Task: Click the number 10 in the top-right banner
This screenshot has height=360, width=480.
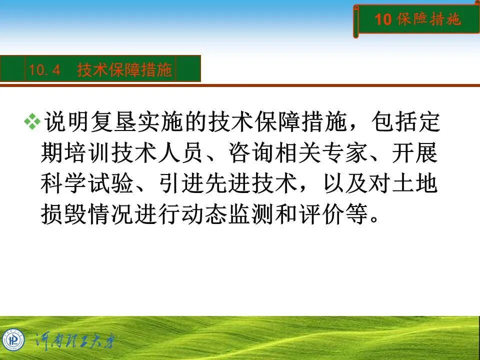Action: pos(382,19)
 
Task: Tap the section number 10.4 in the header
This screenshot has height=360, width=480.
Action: pos(44,70)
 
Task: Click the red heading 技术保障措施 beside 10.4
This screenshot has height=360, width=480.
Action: pos(124,70)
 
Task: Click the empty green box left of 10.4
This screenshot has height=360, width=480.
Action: pos(12,68)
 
